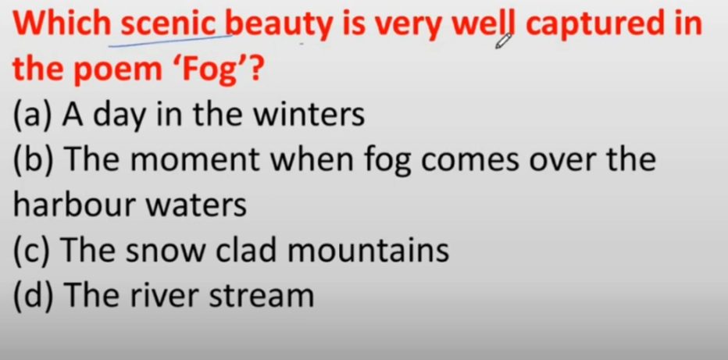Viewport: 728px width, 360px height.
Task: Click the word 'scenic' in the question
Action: (x=169, y=24)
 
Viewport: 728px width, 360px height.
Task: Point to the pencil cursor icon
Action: (x=503, y=41)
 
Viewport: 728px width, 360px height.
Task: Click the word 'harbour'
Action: (x=73, y=205)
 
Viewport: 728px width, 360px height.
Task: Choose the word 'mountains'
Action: (x=368, y=251)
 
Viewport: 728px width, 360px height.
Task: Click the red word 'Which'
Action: (x=62, y=24)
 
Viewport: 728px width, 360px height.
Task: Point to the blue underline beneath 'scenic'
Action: (x=170, y=41)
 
